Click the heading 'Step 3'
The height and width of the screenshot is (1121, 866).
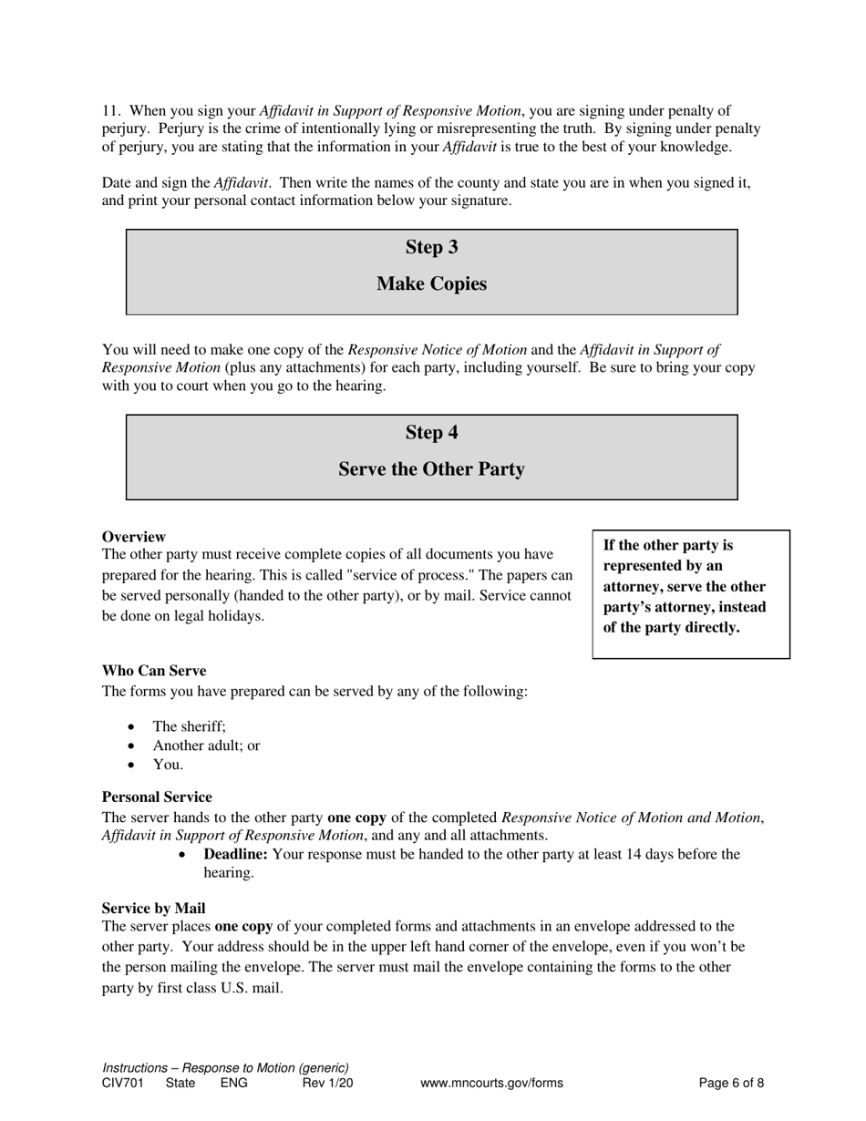click(x=431, y=248)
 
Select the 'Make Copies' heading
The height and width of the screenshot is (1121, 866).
click(x=431, y=284)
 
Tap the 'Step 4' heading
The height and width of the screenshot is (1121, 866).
click(x=431, y=433)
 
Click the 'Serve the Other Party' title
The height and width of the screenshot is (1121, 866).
click(x=431, y=469)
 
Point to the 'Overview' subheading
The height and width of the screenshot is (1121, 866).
click(x=133, y=537)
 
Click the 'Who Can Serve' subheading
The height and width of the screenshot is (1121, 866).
click(x=153, y=671)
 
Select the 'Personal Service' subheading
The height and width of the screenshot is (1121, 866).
click(x=156, y=797)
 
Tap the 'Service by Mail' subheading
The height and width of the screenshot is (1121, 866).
click(x=153, y=909)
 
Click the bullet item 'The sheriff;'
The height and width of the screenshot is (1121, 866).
click(x=189, y=726)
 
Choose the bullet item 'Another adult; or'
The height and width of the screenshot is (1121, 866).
click(x=206, y=746)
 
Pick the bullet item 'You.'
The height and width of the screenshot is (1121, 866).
click(x=168, y=765)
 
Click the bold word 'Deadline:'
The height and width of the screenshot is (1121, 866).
click(x=235, y=855)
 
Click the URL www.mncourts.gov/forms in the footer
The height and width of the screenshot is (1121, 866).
click(x=491, y=1084)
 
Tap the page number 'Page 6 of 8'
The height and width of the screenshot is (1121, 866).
click(x=731, y=1084)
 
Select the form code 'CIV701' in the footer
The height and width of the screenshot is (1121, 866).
click(x=123, y=1084)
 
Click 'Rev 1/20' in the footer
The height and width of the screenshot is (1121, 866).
click(x=327, y=1084)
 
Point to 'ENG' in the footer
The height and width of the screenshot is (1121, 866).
click(x=233, y=1084)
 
